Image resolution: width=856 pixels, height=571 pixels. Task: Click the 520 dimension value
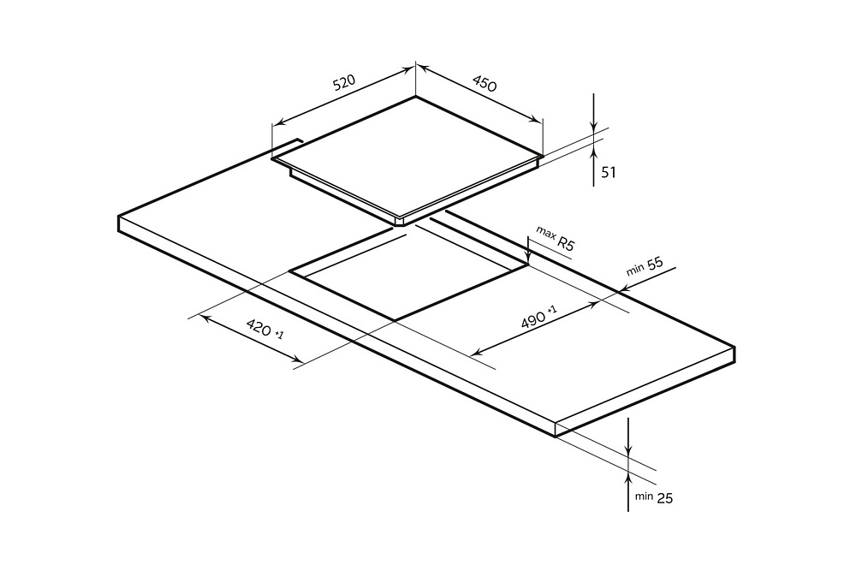(x=344, y=83)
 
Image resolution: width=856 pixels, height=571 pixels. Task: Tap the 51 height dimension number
(x=609, y=173)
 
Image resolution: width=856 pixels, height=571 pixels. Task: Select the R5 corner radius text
(x=566, y=244)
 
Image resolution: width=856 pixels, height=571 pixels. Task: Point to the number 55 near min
(x=655, y=265)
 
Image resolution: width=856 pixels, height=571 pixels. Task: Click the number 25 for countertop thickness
(x=665, y=497)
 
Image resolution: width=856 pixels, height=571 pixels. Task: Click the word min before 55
(x=634, y=271)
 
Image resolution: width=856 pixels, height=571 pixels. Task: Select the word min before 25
(x=644, y=496)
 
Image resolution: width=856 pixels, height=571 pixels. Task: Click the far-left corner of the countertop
(x=118, y=217)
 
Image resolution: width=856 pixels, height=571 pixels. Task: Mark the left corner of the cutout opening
(x=290, y=272)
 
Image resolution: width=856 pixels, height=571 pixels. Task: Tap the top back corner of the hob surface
(x=416, y=96)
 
